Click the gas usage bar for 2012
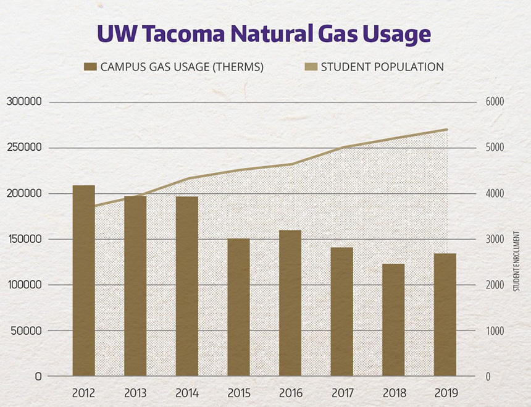pos(84,280)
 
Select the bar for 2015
pos(238,307)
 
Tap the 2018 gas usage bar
pos(393,320)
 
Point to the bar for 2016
pos(290,303)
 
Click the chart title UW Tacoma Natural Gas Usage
pos(264,34)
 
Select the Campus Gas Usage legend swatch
pos(91,67)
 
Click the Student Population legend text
pos(382,67)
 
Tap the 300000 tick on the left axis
pos(24,102)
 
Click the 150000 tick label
pos(24,239)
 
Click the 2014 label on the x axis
pos(186,393)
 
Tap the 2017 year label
pos(341,393)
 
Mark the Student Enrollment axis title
pos(516,261)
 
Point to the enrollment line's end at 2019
pos(446,130)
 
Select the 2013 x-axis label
pos(135,393)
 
